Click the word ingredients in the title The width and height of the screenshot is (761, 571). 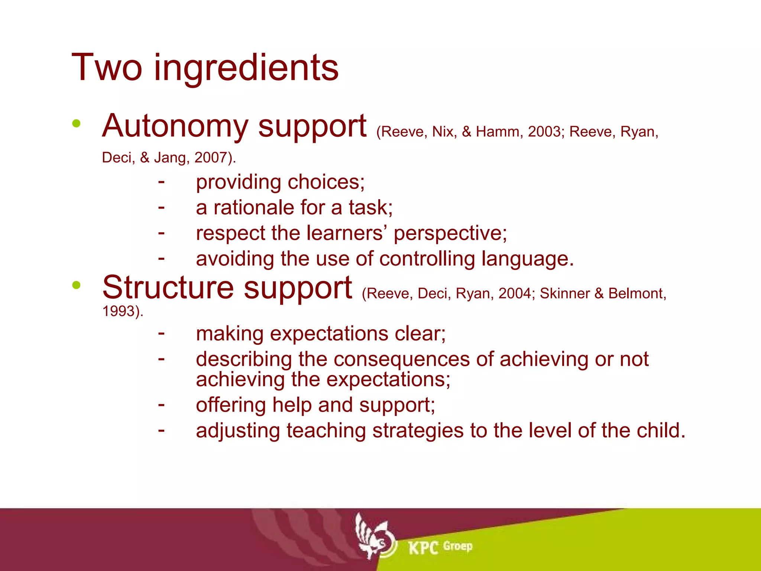[246, 68]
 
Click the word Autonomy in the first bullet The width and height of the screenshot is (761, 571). [175, 126]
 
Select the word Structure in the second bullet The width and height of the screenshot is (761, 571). [168, 288]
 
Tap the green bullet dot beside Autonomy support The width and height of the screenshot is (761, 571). [77, 123]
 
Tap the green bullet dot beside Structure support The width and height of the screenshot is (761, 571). [77, 285]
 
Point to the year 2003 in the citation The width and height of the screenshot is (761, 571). [544, 132]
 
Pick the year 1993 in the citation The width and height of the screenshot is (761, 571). [118, 311]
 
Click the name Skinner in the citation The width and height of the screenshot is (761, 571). [564, 294]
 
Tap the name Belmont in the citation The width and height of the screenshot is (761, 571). [635, 294]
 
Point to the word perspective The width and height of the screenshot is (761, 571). [450, 233]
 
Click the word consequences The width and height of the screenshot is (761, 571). [402, 359]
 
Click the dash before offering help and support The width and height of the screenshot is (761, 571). [161, 404]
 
